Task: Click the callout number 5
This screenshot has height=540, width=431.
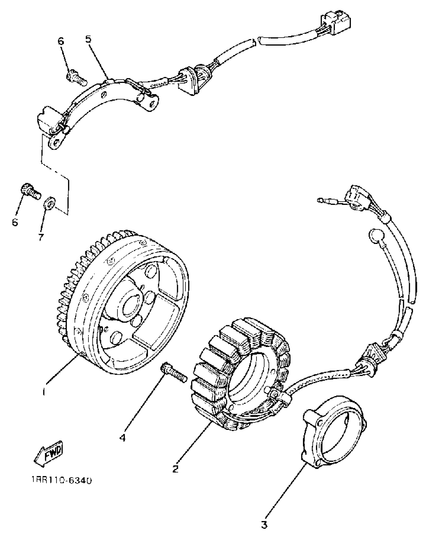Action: (x=88, y=39)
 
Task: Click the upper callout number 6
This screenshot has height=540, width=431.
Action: (x=61, y=41)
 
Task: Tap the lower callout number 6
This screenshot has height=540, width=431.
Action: (x=15, y=222)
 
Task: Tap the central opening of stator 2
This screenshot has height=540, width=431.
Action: (x=248, y=378)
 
